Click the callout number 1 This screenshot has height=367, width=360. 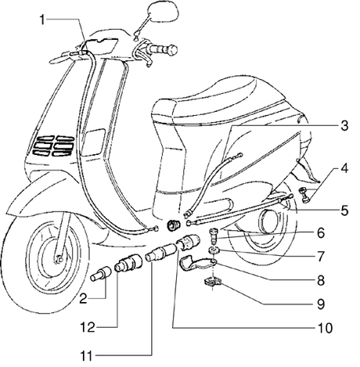41,20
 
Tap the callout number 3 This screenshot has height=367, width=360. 344,126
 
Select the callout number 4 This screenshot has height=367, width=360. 344,168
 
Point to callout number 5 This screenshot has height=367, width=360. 344,210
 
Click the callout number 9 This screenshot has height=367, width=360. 321,304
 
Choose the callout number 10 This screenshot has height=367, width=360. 325,328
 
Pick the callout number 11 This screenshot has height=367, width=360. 86,356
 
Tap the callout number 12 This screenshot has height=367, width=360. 88,328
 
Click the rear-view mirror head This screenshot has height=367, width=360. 164,12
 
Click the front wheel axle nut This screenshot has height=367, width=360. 59,260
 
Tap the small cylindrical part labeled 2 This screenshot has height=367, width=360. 101,274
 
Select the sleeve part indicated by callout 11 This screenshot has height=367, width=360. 161,251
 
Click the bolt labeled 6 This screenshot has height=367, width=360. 214,235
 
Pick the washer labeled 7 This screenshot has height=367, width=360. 214,250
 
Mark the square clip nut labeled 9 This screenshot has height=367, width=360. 213,282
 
